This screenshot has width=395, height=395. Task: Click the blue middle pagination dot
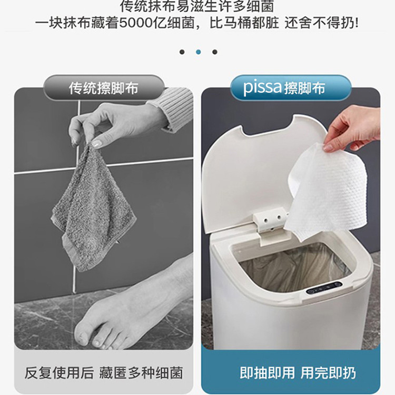pyautogui.click(x=198, y=52)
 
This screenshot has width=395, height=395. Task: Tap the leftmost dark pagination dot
pyautogui.click(x=182, y=52)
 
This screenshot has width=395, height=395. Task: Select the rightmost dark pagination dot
pyautogui.click(x=214, y=52)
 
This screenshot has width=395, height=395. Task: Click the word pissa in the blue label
pyautogui.click(x=262, y=88)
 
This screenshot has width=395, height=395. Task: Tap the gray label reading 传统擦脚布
pyautogui.click(x=104, y=88)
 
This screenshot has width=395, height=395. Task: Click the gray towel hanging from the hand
pyautogui.click(x=92, y=211)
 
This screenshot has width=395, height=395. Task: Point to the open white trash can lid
pyautogui.click(x=242, y=174)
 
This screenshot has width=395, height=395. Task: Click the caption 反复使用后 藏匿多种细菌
pyautogui.click(x=104, y=373)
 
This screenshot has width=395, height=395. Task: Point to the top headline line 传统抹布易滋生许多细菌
pyautogui.click(x=197, y=7)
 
